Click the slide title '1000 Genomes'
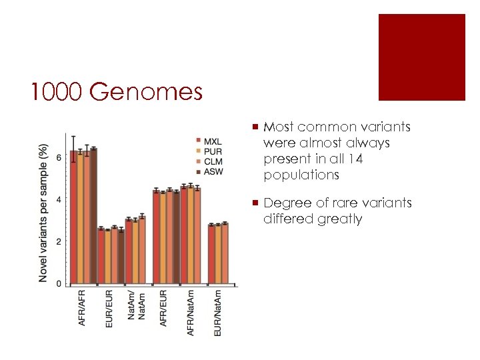point(116,92)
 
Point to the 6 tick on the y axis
point(59,157)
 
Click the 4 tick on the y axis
point(59,199)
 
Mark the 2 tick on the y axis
point(59,241)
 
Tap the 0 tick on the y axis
point(59,283)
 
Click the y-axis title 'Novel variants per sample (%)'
point(43,212)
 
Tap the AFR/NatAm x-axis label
point(191,313)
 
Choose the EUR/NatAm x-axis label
point(218,313)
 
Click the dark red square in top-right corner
point(421,57)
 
